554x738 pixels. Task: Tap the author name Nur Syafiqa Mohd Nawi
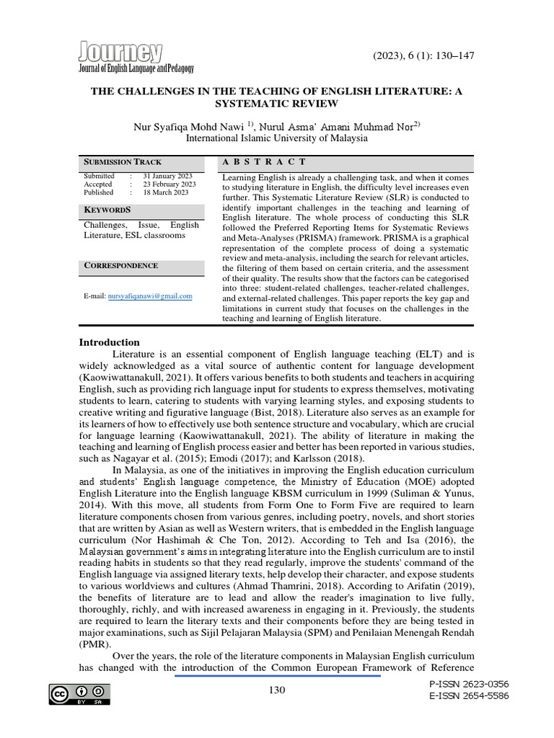tap(189, 127)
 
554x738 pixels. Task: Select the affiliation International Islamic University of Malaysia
tap(277, 139)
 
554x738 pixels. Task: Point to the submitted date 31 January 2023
tap(166, 176)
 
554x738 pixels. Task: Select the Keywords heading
tap(107, 210)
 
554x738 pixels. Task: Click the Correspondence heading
tap(120, 265)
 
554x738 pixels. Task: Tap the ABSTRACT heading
tap(264, 161)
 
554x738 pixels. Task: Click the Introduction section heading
tap(109, 342)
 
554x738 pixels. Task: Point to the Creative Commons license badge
tap(74, 694)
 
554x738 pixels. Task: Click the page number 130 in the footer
tap(276, 690)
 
